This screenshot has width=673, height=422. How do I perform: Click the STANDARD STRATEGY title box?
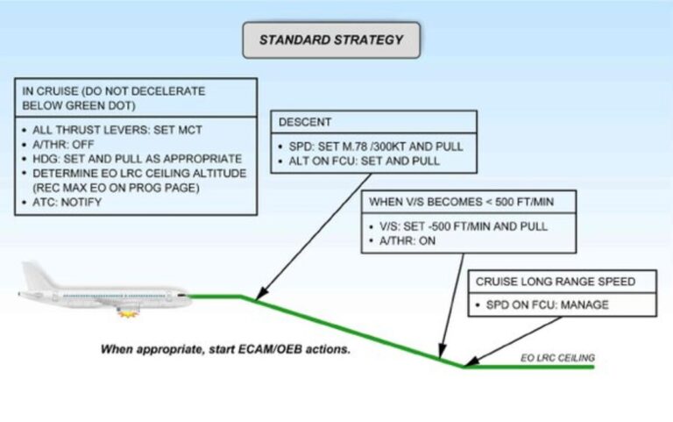point(331,40)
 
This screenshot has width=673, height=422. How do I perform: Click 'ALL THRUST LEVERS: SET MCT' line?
point(111,130)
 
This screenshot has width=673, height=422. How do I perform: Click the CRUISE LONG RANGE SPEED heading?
point(556,283)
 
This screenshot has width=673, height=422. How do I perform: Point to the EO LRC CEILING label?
point(557,358)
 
